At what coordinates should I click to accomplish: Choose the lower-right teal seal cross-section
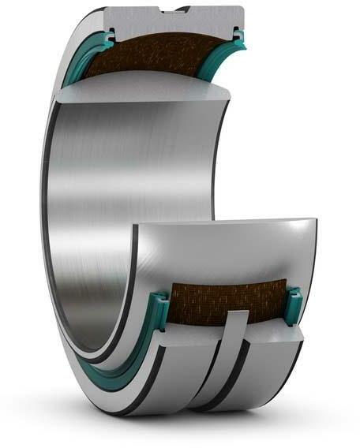coord(294,303)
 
